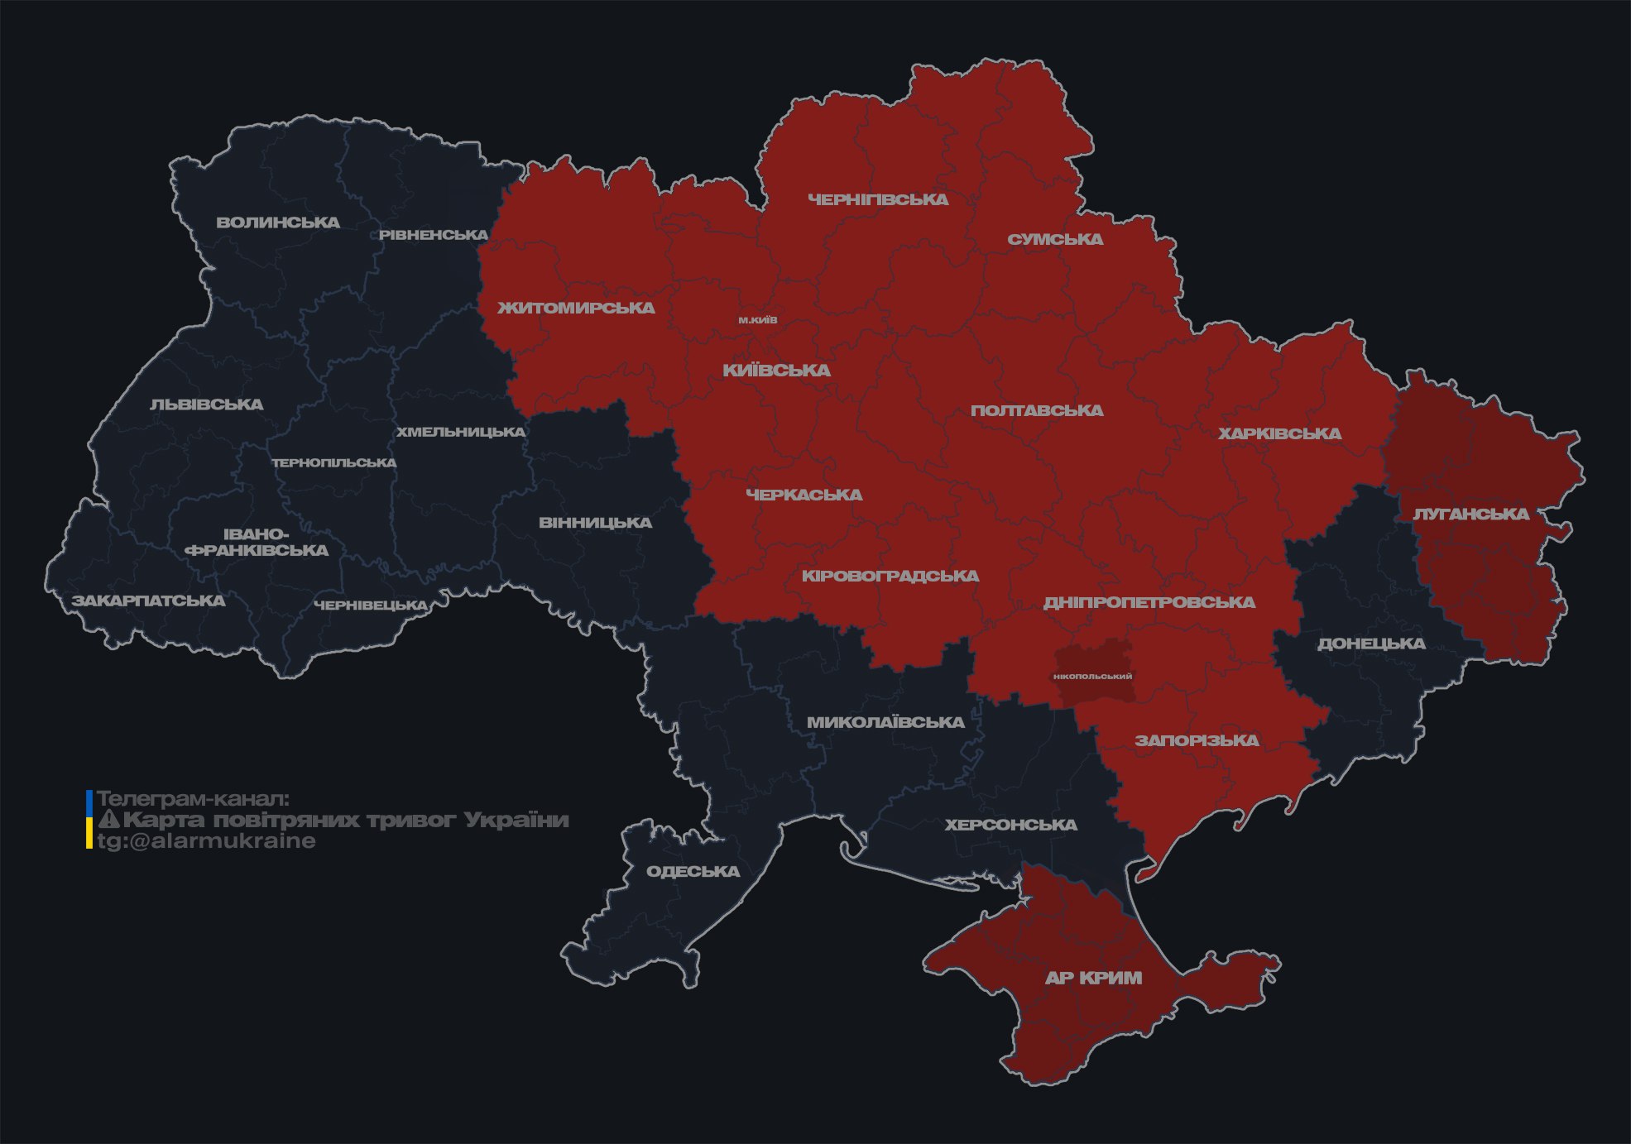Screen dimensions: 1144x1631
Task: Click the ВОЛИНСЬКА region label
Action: point(278,223)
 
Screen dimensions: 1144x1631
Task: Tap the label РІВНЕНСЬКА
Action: point(434,235)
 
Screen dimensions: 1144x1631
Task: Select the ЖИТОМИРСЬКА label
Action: point(576,308)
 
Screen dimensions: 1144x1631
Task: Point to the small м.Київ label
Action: point(758,320)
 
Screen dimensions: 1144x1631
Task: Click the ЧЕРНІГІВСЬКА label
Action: point(878,199)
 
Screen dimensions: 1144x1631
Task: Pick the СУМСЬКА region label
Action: point(1055,240)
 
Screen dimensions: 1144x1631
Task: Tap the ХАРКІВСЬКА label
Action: point(1279,433)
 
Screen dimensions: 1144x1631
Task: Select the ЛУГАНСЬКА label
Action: point(1470,514)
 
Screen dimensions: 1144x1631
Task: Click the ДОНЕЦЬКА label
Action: point(1371,644)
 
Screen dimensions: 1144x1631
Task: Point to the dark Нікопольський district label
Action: point(1092,677)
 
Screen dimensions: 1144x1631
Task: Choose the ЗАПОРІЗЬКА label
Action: point(1197,740)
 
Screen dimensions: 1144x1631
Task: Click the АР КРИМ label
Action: point(1093,978)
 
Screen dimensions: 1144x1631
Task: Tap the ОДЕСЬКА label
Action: point(693,871)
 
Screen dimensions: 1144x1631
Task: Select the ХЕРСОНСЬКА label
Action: point(1010,825)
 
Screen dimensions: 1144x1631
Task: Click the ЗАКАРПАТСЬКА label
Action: point(148,601)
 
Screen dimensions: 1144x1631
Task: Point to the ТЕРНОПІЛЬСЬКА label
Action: point(334,462)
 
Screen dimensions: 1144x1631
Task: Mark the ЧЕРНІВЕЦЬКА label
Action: point(371,606)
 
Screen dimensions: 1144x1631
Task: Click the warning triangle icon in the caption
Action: point(108,820)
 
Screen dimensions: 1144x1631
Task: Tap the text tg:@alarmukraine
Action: point(206,841)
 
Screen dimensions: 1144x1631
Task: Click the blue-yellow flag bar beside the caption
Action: point(89,820)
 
